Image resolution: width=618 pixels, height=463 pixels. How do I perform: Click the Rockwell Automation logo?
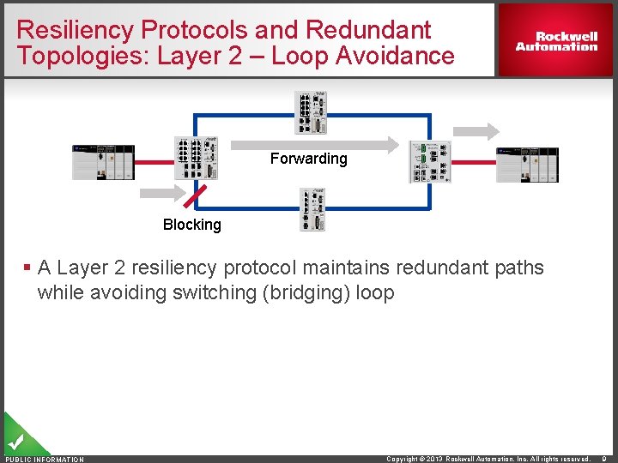pyautogui.click(x=556, y=41)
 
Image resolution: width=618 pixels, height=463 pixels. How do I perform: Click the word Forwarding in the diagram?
pyautogui.click(x=308, y=159)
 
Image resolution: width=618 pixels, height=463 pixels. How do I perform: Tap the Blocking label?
pyautogui.click(x=191, y=225)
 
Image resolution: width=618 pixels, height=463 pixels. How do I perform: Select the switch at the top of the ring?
pyautogui.click(x=312, y=112)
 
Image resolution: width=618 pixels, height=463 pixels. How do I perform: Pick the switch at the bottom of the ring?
pyautogui.click(x=312, y=210)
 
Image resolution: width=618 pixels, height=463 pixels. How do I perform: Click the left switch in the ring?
pyautogui.click(x=196, y=158)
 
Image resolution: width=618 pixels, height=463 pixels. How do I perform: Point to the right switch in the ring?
pyautogui.click(x=429, y=161)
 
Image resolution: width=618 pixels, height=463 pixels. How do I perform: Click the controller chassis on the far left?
pyautogui.click(x=103, y=162)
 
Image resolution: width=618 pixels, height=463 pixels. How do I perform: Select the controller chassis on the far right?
pyautogui.click(x=527, y=163)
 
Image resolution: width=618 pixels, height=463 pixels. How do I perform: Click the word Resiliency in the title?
pyautogui.click(x=75, y=30)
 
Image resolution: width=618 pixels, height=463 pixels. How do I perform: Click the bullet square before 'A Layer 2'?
pyautogui.click(x=28, y=268)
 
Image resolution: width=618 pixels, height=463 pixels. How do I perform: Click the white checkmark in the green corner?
pyautogui.click(x=15, y=442)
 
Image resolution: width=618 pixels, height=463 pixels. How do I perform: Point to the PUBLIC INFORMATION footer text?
pyautogui.click(x=45, y=460)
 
